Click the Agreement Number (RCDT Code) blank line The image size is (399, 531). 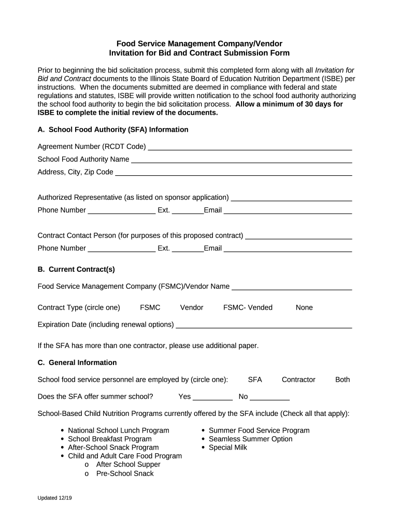250,147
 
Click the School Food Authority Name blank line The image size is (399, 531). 241,160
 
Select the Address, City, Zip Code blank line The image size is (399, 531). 233,173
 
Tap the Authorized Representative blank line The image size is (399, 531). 291,198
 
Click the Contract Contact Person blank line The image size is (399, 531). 298,236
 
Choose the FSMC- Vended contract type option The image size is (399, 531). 248,308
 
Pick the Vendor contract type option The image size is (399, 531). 192,308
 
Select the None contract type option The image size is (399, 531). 304,308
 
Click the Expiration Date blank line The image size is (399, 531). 264,325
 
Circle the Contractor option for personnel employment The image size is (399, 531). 298,380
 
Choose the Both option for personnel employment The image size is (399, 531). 343,380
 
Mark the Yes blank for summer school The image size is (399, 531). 212,398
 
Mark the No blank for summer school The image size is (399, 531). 269,398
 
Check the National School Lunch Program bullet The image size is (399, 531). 118,430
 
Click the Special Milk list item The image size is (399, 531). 227,448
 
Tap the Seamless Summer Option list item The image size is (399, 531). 250,439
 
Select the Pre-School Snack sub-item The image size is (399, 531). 125,473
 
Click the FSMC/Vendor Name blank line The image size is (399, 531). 292,287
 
